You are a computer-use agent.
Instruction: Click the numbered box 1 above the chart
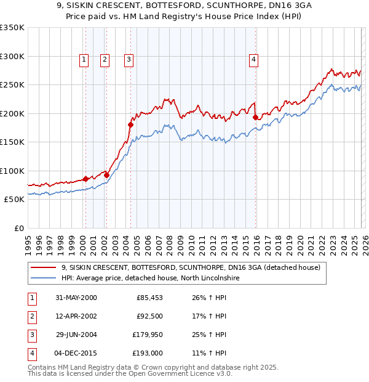click(x=84, y=60)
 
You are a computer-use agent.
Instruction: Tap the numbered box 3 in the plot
click(x=129, y=60)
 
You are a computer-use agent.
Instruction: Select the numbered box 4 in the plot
click(x=253, y=60)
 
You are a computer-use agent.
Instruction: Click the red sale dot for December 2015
click(x=255, y=116)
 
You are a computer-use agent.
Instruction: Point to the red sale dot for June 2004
click(x=130, y=124)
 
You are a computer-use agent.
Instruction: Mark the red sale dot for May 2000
click(x=85, y=179)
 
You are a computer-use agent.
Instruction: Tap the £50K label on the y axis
click(x=14, y=199)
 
